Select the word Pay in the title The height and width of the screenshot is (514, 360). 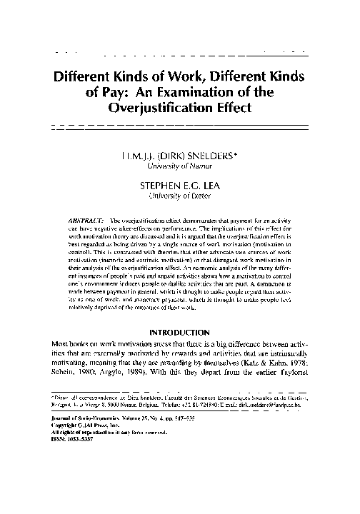pyautogui.click(x=125, y=92)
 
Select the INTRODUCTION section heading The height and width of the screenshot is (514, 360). pyautogui.click(x=179, y=331)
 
